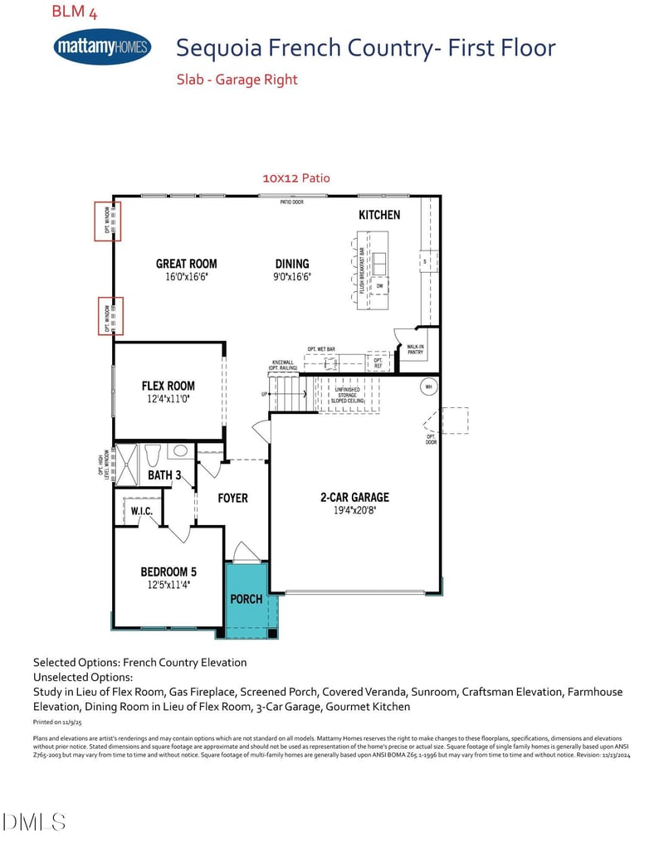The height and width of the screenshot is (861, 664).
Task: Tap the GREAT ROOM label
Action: (x=186, y=264)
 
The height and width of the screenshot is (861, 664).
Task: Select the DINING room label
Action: (x=292, y=264)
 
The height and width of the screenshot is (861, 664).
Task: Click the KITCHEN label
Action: (x=379, y=215)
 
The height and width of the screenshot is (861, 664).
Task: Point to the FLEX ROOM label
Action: (x=168, y=386)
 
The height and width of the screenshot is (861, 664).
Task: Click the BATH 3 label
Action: (x=164, y=475)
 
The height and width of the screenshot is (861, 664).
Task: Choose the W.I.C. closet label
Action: (x=141, y=511)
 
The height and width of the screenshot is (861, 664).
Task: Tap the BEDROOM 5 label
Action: (x=168, y=572)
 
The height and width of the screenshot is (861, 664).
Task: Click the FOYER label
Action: (x=232, y=498)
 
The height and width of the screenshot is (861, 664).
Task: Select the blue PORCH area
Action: (x=246, y=599)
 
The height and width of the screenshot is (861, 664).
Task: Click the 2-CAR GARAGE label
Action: (x=354, y=498)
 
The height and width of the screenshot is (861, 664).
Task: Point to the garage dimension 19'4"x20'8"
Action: (x=354, y=510)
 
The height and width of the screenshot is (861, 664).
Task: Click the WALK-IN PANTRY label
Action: (x=415, y=349)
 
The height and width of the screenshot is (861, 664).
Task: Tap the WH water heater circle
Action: (x=429, y=387)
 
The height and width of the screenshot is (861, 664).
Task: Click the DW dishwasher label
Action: (x=379, y=286)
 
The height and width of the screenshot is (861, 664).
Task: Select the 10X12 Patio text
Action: (x=295, y=178)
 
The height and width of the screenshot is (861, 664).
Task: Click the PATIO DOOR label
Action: (x=290, y=202)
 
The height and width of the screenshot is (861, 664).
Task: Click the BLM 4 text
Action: (x=74, y=12)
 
